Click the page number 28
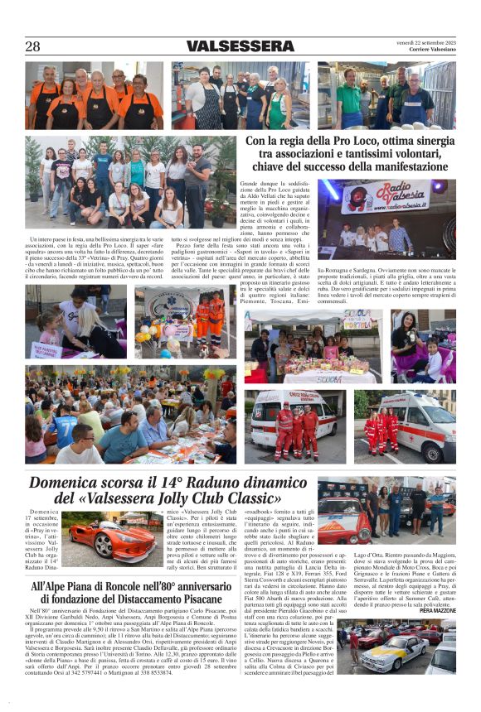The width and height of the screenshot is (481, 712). click(x=33, y=46)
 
